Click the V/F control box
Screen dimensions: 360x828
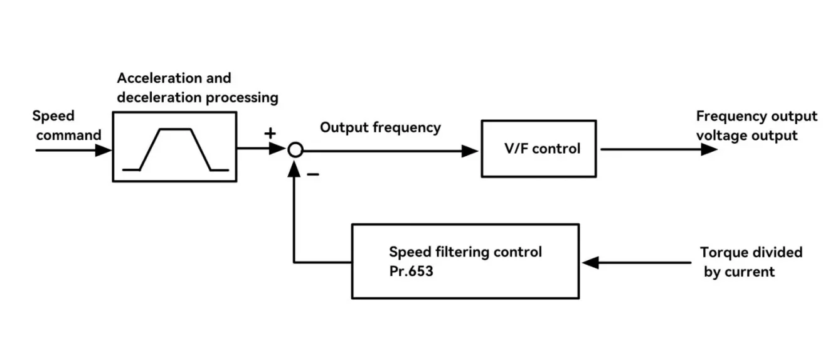pyautogui.click(x=538, y=149)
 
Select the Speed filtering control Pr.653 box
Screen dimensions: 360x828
pyautogui.click(x=465, y=261)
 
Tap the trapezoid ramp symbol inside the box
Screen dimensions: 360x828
pyautogui.click(x=175, y=149)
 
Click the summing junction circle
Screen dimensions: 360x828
pyautogui.click(x=295, y=150)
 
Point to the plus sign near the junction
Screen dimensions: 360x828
pyautogui.click(x=270, y=133)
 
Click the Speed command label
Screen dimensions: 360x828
pyautogui.click(x=66, y=125)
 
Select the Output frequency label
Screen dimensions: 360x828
pyautogui.click(x=380, y=127)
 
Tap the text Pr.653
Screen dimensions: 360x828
pyautogui.click(x=411, y=272)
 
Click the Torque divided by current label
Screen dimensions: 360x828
pyautogui.click(x=751, y=262)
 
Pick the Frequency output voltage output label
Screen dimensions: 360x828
pyautogui.click(x=756, y=125)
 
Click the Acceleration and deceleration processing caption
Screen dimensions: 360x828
pyautogui.click(x=197, y=88)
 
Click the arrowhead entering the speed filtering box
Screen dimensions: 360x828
pyautogui.click(x=590, y=262)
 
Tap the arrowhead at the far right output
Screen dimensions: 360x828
pyautogui.click(x=709, y=149)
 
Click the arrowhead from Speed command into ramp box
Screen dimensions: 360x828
pyautogui.click(x=103, y=151)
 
